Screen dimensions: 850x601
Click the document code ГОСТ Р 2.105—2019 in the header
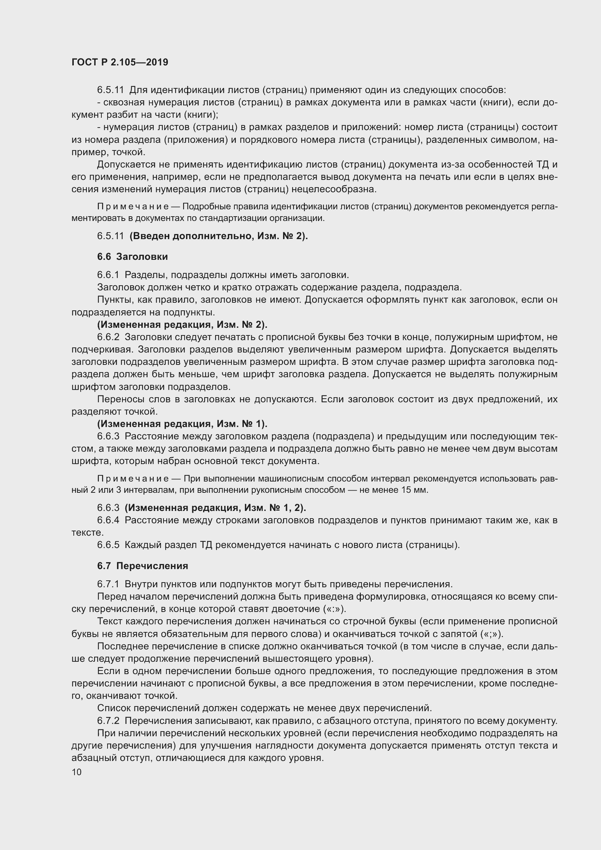click(x=120, y=62)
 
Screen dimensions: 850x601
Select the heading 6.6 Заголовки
click(x=133, y=257)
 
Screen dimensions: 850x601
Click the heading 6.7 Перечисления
click(x=142, y=566)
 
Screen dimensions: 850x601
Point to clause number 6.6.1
click(x=108, y=275)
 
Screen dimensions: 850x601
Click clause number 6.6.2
click(x=108, y=337)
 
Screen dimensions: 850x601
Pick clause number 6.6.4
click(x=108, y=520)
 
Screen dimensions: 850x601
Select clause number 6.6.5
click(x=108, y=545)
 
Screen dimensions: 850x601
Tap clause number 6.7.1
click(x=108, y=584)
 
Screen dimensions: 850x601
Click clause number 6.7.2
click(x=108, y=721)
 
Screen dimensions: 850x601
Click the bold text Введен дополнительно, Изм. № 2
click(x=218, y=236)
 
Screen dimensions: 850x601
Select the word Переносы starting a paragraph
click(x=119, y=399)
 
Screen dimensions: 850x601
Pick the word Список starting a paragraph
click(x=114, y=708)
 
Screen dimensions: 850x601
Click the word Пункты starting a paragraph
click(x=114, y=299)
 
